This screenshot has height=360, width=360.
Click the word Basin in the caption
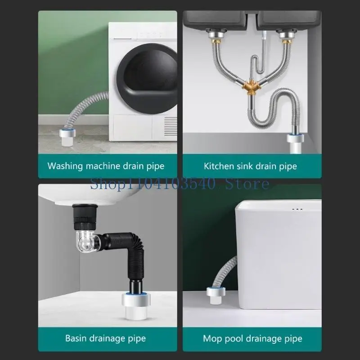coord(76,338)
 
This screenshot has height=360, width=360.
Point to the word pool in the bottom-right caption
coord(241,338)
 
